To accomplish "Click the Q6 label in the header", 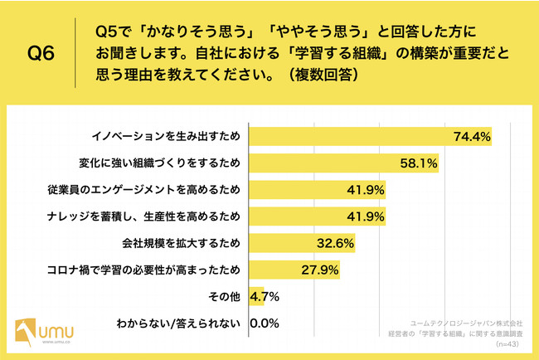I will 41,55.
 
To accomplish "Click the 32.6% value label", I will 337,243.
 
